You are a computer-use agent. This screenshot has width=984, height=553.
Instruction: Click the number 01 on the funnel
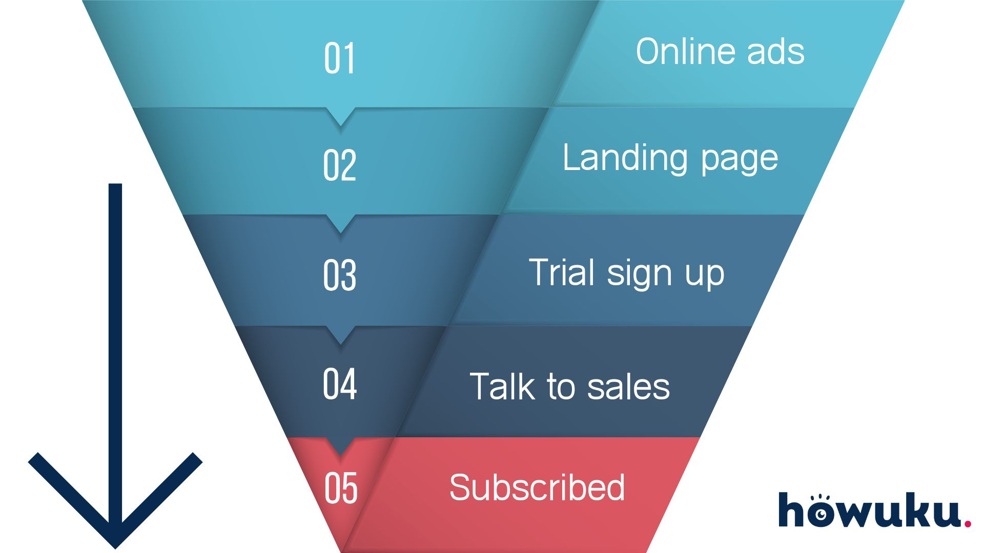339,58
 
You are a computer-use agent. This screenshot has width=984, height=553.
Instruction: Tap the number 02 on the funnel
339,165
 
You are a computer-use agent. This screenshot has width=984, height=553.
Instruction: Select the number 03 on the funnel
339,275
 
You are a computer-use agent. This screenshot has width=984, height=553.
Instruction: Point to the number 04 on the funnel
339,384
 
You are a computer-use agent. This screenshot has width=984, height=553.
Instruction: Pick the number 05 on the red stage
341,488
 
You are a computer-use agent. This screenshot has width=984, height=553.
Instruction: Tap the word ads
776,52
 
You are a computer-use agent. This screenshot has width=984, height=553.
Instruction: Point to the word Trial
562,272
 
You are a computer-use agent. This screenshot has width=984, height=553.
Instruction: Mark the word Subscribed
537,487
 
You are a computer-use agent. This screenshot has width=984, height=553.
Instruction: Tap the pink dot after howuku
967,523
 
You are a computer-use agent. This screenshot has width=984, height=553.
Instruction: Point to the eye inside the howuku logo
821,514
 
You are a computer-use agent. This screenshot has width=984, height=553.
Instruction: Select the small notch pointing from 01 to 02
340,118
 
